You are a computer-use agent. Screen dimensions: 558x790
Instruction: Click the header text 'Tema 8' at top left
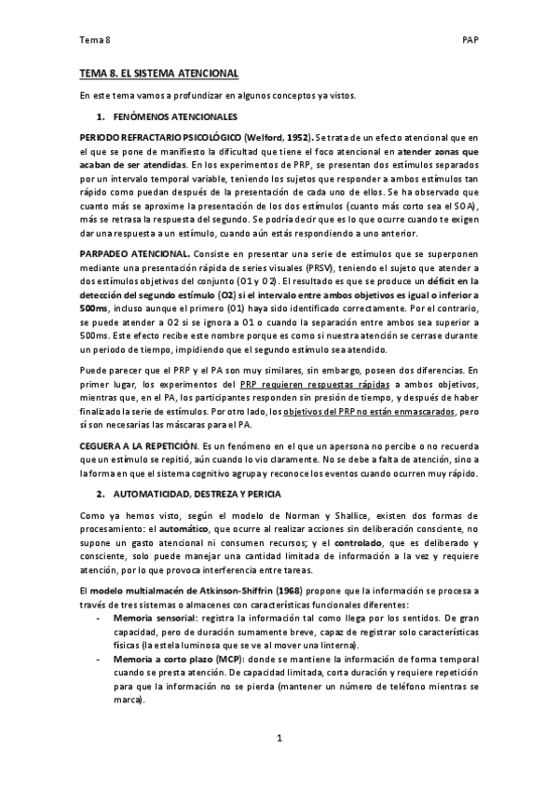(95, 41)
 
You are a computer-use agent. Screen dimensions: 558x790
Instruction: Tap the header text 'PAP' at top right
(470, 41)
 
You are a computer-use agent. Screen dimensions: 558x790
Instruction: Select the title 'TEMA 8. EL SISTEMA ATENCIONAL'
(159, 73)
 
